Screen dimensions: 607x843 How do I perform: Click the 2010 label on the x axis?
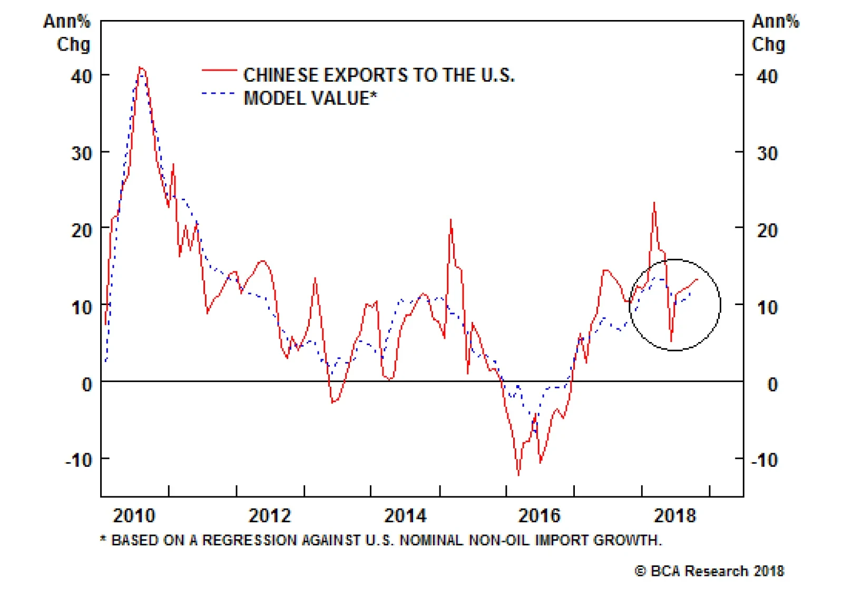coord(134,515)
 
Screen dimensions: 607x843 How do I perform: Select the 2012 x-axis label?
coord(270,515)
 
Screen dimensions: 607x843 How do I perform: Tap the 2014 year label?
coord(405,515)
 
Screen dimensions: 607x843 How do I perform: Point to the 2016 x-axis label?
coord(540,515)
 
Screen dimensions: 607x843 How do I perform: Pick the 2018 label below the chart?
coord(675,515)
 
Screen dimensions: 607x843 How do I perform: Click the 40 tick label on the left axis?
coord(82,76)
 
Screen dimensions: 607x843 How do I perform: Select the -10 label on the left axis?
coord(79,460)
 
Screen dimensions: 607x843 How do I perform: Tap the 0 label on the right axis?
coord(772,384)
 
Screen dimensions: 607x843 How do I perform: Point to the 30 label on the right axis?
coord(767,153)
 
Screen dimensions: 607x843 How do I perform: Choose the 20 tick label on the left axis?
coord(82,230)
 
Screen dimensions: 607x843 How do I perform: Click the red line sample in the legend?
coord(219,70)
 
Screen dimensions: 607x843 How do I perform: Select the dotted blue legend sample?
coord(218,94)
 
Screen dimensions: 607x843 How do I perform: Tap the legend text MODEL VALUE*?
coord(310,99)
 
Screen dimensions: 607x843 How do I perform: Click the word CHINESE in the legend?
coord(281,75)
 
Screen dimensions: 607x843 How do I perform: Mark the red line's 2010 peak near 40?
coord(140,67)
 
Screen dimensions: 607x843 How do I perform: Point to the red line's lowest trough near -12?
coord(518,475)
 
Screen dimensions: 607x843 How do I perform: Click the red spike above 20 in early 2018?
coord(654,203)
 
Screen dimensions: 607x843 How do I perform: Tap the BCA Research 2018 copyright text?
coord(709,571)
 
